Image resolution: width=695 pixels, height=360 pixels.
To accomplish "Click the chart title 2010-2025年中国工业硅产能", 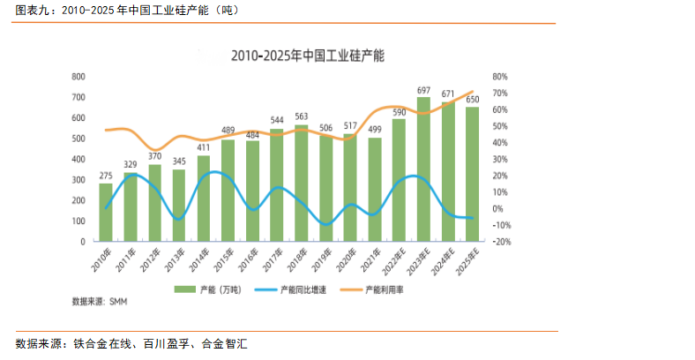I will [307, 56].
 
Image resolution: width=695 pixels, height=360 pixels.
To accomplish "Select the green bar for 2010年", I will [106, 212].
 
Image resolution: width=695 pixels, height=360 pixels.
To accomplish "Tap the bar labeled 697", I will [424, 169].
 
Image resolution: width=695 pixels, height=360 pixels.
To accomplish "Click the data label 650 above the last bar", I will [473, 99].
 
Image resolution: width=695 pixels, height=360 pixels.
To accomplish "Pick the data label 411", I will [204, 148].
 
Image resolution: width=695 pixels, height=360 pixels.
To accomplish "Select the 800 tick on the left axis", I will [78, 77].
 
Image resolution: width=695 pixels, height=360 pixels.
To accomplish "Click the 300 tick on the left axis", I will [78, 179].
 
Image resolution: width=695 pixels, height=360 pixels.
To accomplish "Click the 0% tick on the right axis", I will [497, 208].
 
